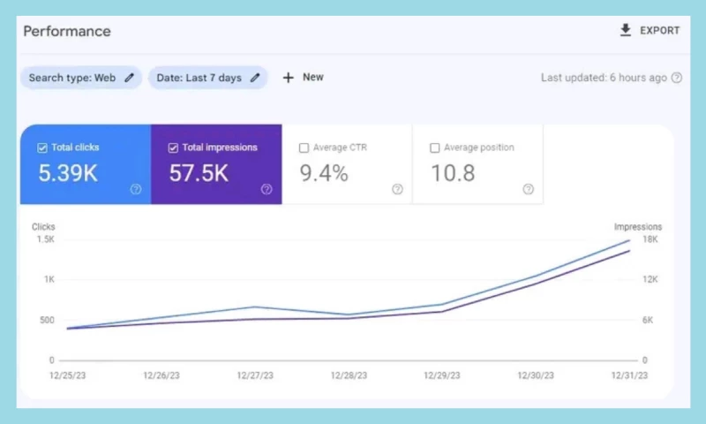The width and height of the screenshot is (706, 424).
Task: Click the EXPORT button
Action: pyautogui.click(x=650, y=31)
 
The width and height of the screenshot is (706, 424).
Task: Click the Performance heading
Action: pyautogui.click(x=67, y=32)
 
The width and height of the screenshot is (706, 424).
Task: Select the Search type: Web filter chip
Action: pyautogui.click(x=80, y=78)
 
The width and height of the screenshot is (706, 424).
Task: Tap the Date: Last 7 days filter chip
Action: pyautogui.click(x=207, y=78)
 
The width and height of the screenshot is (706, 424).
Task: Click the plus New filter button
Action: pyautogui.click(x=303, y=78)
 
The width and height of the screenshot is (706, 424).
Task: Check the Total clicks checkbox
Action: pyautogui.click(x=42, y=148)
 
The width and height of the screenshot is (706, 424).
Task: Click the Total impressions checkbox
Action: pyautogui.click(x=173, y=148)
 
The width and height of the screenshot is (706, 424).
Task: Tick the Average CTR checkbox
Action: pyautogui.click(x=304, y=148)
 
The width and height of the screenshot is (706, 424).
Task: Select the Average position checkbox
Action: pyautogui.click(x=435, y=148)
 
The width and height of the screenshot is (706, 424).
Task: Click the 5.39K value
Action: pyautogui.click(x=68, y=173)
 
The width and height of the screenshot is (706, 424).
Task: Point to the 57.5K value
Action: pyautogui.click(x=199, y=173)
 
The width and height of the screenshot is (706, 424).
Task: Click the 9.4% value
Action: pyautogui.click(x=324, y=173)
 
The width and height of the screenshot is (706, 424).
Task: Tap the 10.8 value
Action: pyautogui.click(x=453, y=173)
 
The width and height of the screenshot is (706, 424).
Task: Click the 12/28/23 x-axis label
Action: pyautogui.click(x=348, y=375)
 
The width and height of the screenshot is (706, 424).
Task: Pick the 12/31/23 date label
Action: pyautogui.click(x=629, y=375)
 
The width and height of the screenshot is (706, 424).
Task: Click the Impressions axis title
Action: pyautogui.click(x=637, y=227)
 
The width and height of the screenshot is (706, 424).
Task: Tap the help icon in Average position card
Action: pyautogui.click(x=528, y=189)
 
